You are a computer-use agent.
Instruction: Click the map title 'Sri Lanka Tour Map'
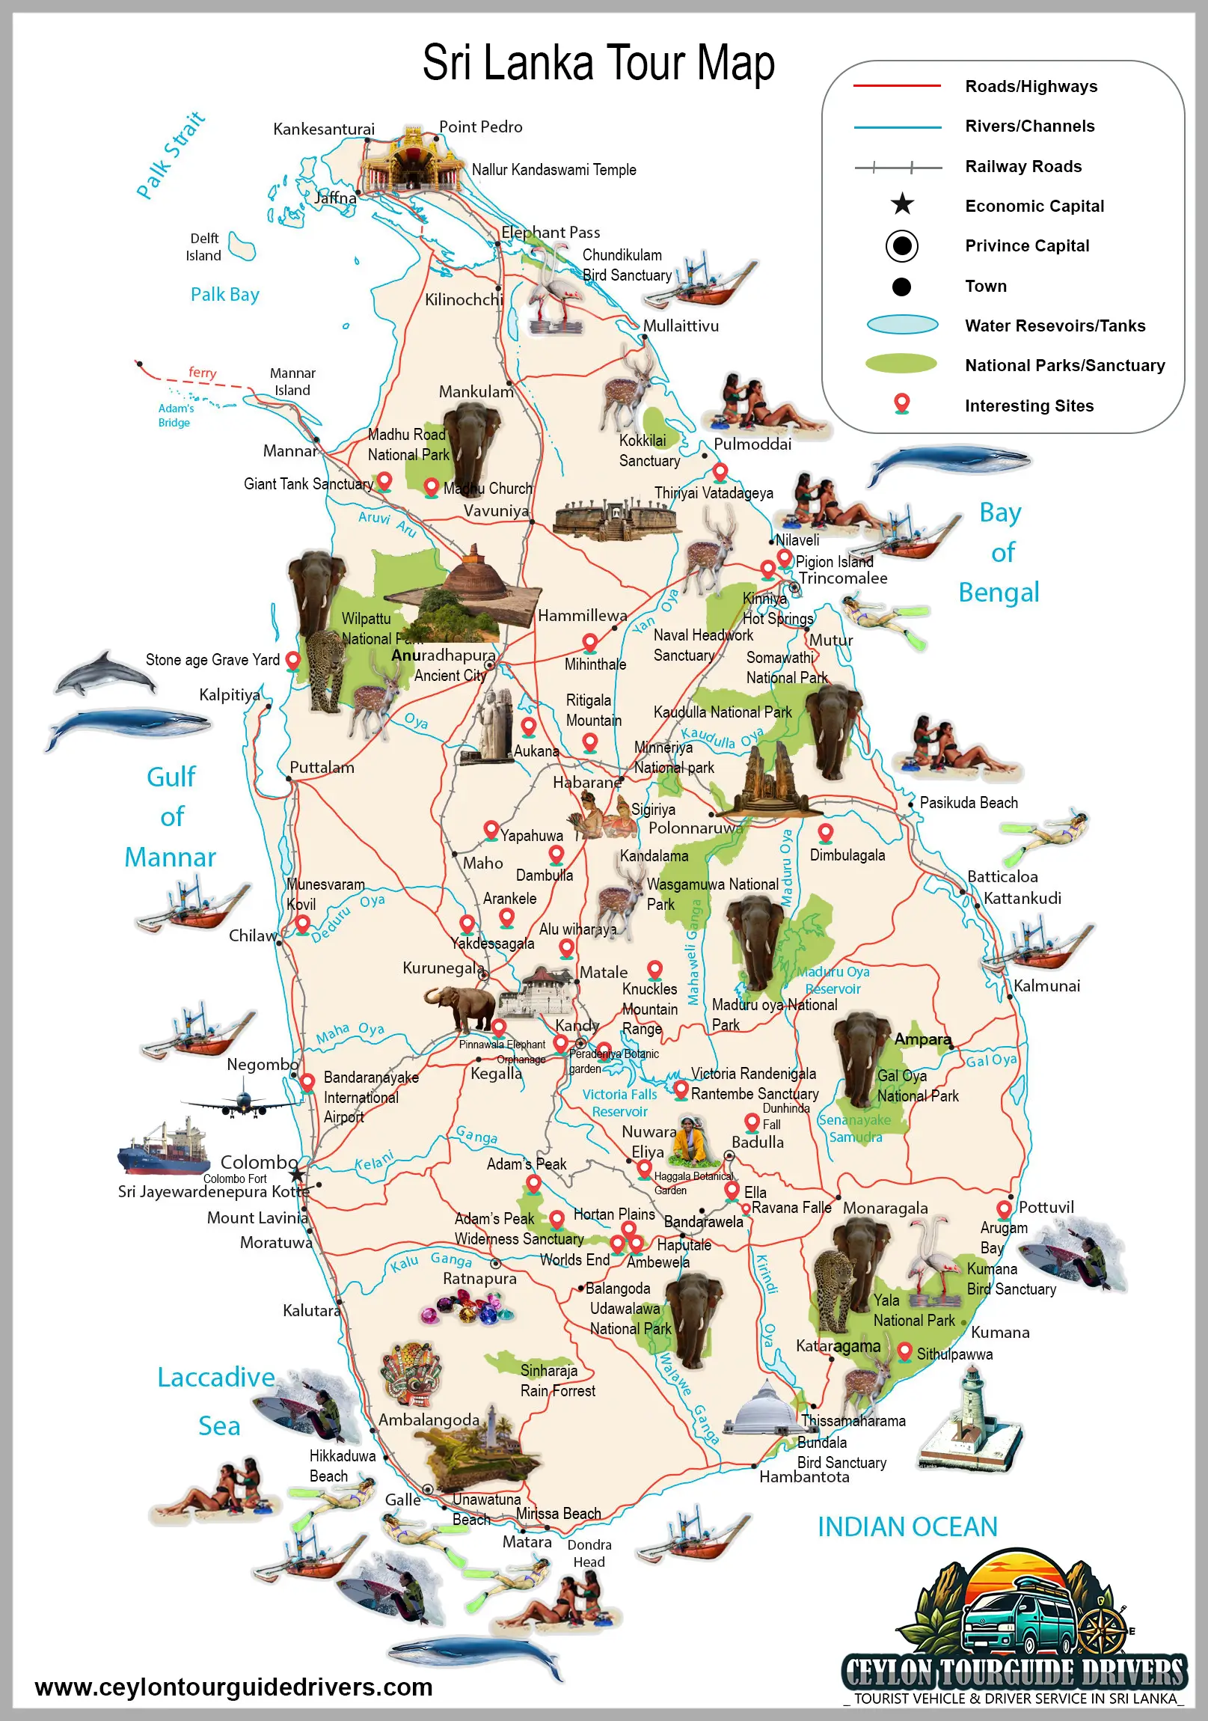point(598,63)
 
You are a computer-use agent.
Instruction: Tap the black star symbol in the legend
point(902,204)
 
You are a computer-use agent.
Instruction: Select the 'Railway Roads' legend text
point(1023,166)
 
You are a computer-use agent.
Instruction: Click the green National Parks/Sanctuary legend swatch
point(901,364)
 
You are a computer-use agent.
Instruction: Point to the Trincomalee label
point(842,578)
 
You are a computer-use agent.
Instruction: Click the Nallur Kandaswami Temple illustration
point(411,160)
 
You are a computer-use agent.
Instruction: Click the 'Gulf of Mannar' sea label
point(171,816)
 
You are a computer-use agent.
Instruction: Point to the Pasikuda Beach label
point(968,803)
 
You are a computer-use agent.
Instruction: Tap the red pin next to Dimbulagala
point(825,832)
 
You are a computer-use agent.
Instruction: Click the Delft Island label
point(204,247)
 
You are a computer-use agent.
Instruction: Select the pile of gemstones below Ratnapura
point(467,1311)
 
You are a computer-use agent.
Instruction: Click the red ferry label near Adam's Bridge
point(203,373)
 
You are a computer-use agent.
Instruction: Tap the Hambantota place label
point(804,1476)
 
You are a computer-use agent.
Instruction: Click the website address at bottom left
point(234,1687)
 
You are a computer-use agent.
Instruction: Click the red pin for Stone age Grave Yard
point(293,660)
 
